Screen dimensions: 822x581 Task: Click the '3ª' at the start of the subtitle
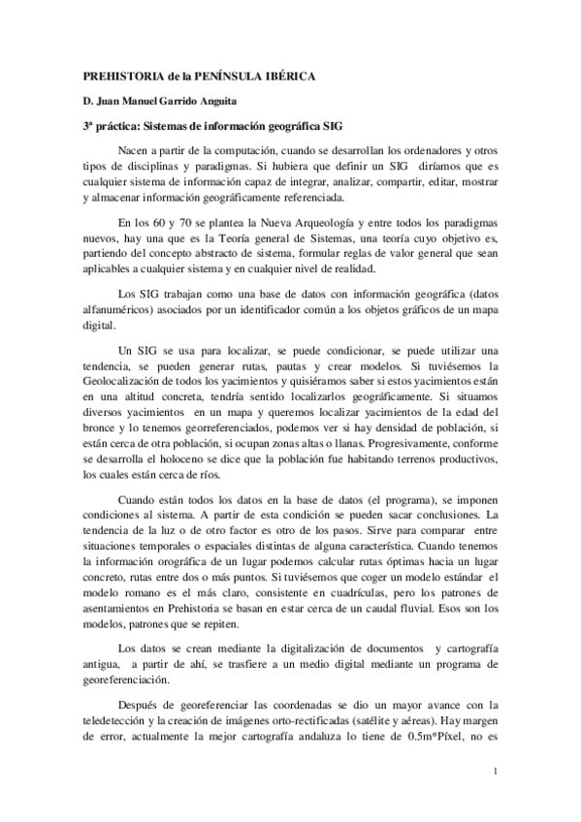coord(86,127)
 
